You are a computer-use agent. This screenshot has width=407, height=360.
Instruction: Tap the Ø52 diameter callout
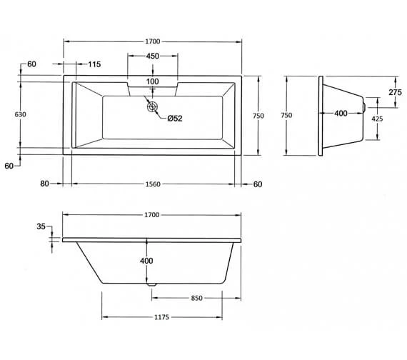tap(176, 119)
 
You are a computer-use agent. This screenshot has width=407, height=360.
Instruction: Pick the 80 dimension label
tap(44, 184)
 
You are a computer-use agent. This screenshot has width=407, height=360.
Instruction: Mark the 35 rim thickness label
tap(41, 227)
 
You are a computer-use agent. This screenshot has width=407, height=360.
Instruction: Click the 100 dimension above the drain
tap(152, 81)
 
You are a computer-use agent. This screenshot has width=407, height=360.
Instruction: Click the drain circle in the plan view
tap(152, 107)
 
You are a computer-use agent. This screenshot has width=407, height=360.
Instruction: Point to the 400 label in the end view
tap(341, 114)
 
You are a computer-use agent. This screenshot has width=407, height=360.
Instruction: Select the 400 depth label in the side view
tap(146, 261)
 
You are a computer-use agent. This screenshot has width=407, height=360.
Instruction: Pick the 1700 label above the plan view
tap(152, 41)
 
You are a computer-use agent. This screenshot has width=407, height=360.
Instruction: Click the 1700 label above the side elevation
tap(151, 214)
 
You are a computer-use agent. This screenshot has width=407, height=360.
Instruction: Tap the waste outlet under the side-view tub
tap(151, 283)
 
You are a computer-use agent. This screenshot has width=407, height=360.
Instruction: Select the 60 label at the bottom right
tap(258, 184)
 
